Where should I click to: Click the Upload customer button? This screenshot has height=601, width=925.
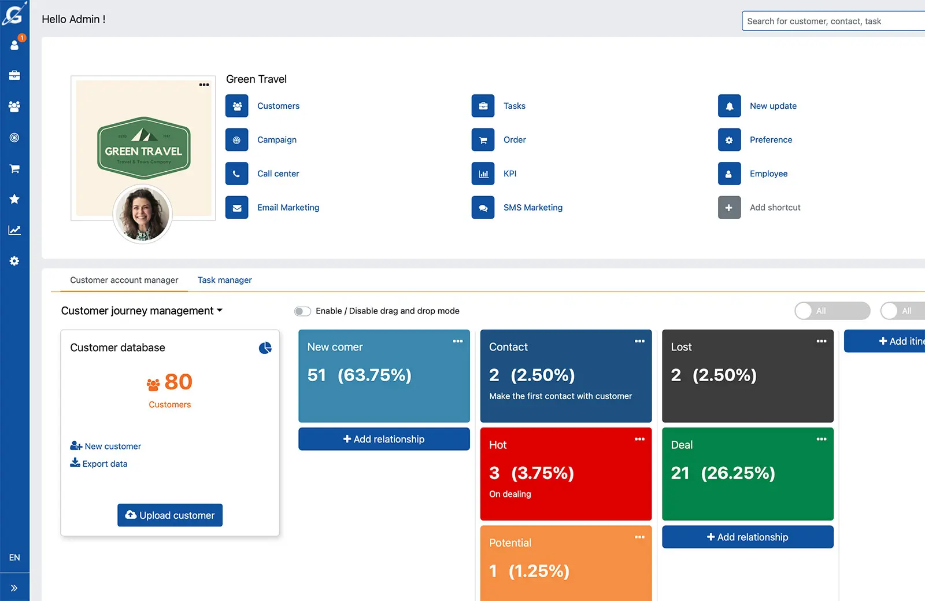(170, 515)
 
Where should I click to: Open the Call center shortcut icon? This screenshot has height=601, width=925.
(236, 174)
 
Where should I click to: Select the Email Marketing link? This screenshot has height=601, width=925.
(288, 208)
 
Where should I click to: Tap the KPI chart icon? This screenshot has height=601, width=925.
(483, 174)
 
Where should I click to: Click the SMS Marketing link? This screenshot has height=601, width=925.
(532, 208)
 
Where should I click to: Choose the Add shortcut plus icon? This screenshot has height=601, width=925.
(729, 208)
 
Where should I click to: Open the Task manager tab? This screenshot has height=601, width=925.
(224, 280)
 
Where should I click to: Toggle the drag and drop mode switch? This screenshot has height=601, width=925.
(302, 311)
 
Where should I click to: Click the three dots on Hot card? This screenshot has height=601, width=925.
(639, 439)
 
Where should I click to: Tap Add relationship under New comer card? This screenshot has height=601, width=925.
(384, 439)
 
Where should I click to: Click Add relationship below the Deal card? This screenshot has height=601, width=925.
(747, 537)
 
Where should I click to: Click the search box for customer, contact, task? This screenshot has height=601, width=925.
(832, 21)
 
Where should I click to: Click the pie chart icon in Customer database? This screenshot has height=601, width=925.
(265, 348)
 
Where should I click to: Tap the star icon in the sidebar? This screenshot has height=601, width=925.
(14, 199)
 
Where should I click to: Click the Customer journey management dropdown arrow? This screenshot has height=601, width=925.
(220, 311)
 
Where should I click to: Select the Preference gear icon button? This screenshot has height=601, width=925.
(729, 140)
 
